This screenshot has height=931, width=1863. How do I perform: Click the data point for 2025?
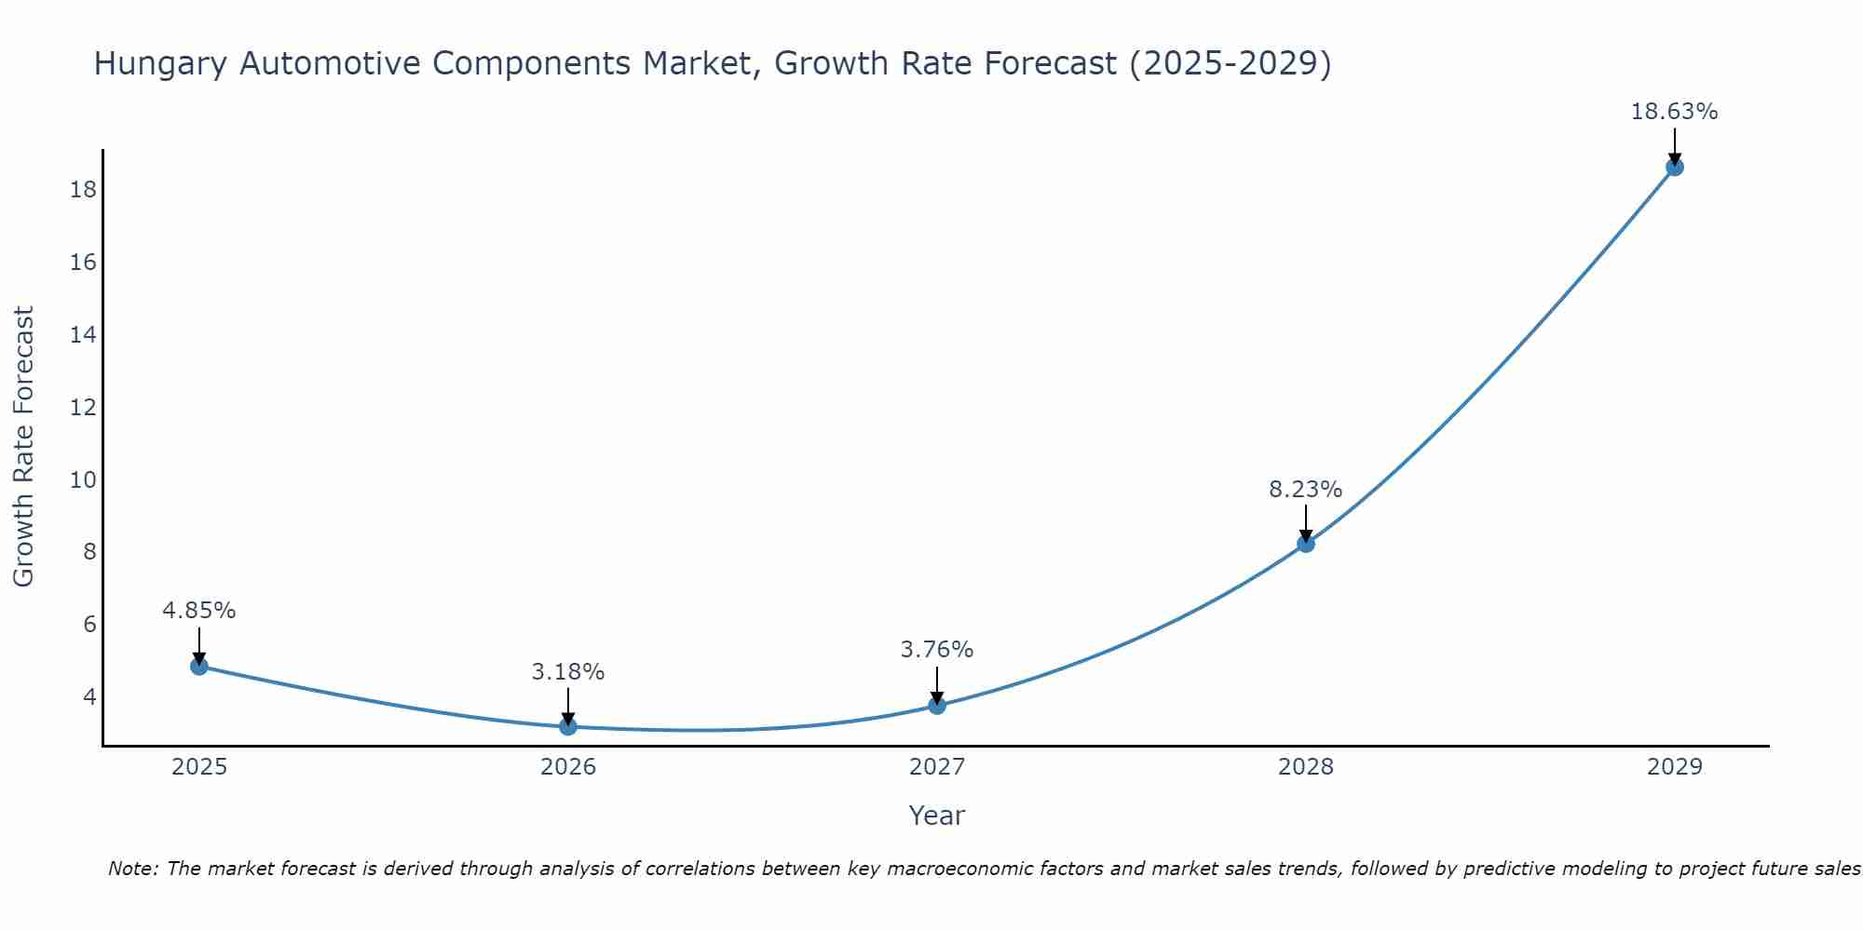point(198,666)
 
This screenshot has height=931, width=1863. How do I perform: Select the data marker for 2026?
point(567,726)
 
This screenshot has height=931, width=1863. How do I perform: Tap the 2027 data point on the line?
point(936,705)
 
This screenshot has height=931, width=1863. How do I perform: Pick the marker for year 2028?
point(1305,544)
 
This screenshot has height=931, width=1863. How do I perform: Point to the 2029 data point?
point(1674,168)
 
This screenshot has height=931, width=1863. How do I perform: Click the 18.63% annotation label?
point(1674,112)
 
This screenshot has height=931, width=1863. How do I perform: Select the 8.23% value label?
point(1305,490)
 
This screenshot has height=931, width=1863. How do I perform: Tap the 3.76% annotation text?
point(936,650)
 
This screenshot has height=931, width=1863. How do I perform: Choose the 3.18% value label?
point(567,671)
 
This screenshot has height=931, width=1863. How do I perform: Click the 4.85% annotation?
point(198,611)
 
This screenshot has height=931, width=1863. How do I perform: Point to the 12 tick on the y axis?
point(83,407)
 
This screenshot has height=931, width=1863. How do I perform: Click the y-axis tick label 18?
point(83,190)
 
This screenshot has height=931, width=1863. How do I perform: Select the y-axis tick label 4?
point(89,696)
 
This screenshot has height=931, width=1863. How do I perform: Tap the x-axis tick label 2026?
point(567,767)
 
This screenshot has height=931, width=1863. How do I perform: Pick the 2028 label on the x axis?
point(1305,767)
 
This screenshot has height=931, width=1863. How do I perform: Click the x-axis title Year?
point(936,816)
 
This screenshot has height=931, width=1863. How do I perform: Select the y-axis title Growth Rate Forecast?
point(24,447)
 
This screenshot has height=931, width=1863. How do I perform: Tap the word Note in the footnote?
point(134,869)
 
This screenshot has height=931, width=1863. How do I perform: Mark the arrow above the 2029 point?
point(1674,145)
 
